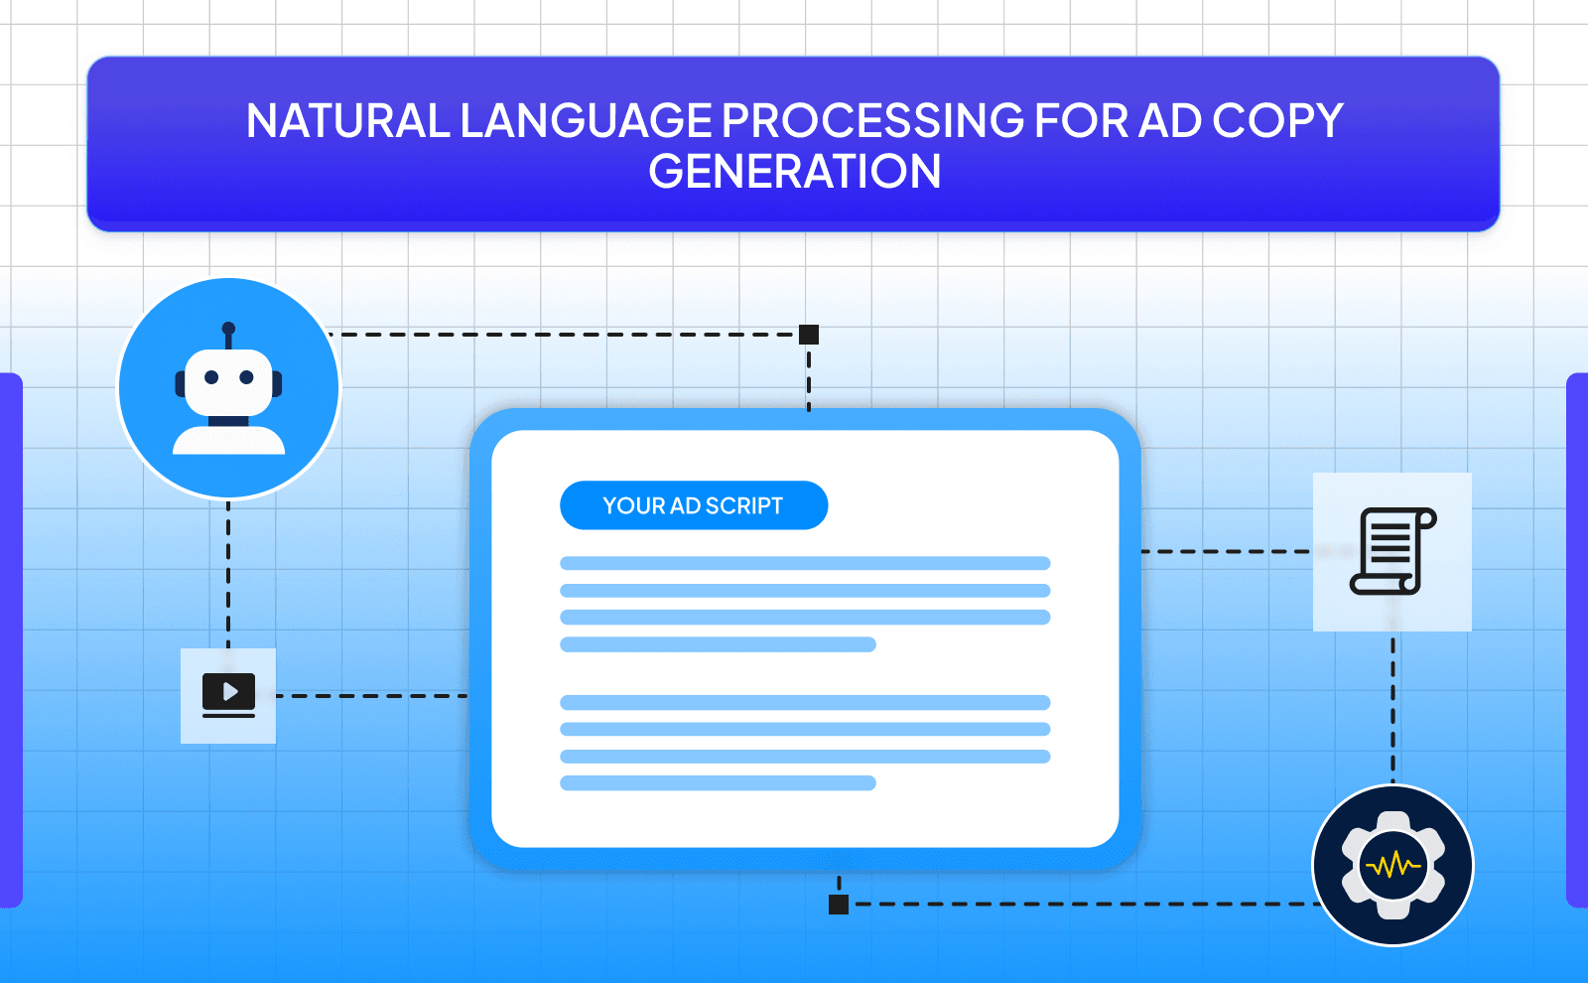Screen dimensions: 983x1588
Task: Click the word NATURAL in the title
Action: coord(347,121)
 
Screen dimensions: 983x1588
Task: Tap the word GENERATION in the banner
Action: coord(794,172)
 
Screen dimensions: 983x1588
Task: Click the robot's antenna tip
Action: coord(228,328)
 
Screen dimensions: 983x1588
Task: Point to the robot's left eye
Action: coord(211,377)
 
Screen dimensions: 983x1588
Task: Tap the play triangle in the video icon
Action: coord(230,691)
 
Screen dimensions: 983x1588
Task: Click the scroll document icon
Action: coord(1391,551)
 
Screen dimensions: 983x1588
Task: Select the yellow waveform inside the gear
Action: coord(1392,866)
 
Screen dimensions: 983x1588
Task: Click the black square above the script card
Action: coord(809,335)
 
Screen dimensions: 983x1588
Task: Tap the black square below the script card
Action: coord(839,904)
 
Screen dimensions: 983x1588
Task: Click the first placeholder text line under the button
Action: coord(804,563)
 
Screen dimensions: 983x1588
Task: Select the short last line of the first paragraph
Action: coord(718,644)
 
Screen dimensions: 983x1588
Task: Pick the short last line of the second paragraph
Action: coord(718,783)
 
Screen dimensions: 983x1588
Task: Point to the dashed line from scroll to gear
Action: coord(1392,710)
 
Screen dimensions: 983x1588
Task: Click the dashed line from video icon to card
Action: coord(372,696)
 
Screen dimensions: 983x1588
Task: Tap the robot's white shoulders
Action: coord(229,442)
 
